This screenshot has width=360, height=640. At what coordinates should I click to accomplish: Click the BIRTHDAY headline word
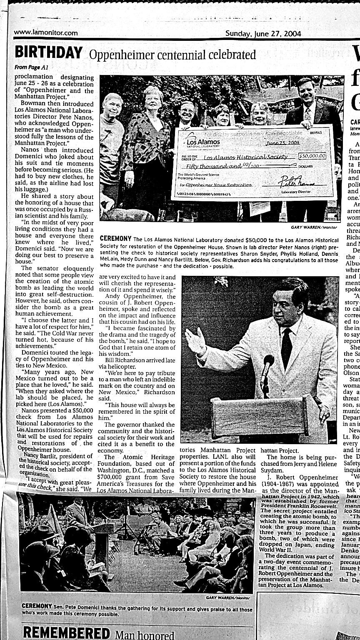48,53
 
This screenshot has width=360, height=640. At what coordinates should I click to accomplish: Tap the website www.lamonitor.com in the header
46,33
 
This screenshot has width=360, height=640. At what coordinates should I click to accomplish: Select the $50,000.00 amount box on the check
312,156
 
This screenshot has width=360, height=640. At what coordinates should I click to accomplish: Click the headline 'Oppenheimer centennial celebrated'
172,55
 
